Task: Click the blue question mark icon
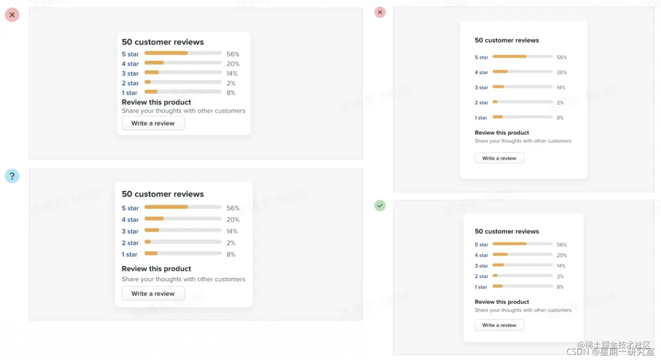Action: (12, 176)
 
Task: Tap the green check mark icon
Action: (380, 206)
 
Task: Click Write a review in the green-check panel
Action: (499, 325)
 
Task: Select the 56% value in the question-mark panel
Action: (233, 208)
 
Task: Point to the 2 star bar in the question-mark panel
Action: (183, 242)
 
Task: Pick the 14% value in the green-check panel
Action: (561, 266)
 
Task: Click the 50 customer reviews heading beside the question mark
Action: (163, 194)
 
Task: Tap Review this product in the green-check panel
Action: (502, 302)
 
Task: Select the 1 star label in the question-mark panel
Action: (130, 255)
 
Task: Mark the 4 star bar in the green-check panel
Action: (522, 255)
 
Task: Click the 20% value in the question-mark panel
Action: (233, 220)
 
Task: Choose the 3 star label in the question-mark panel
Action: (130, 231)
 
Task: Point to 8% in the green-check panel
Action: (560, 287)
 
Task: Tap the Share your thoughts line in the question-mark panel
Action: (183, 279)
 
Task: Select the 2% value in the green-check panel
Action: (560, 277)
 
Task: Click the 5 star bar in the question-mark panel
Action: (183, 207)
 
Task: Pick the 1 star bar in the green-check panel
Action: (522, 286)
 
